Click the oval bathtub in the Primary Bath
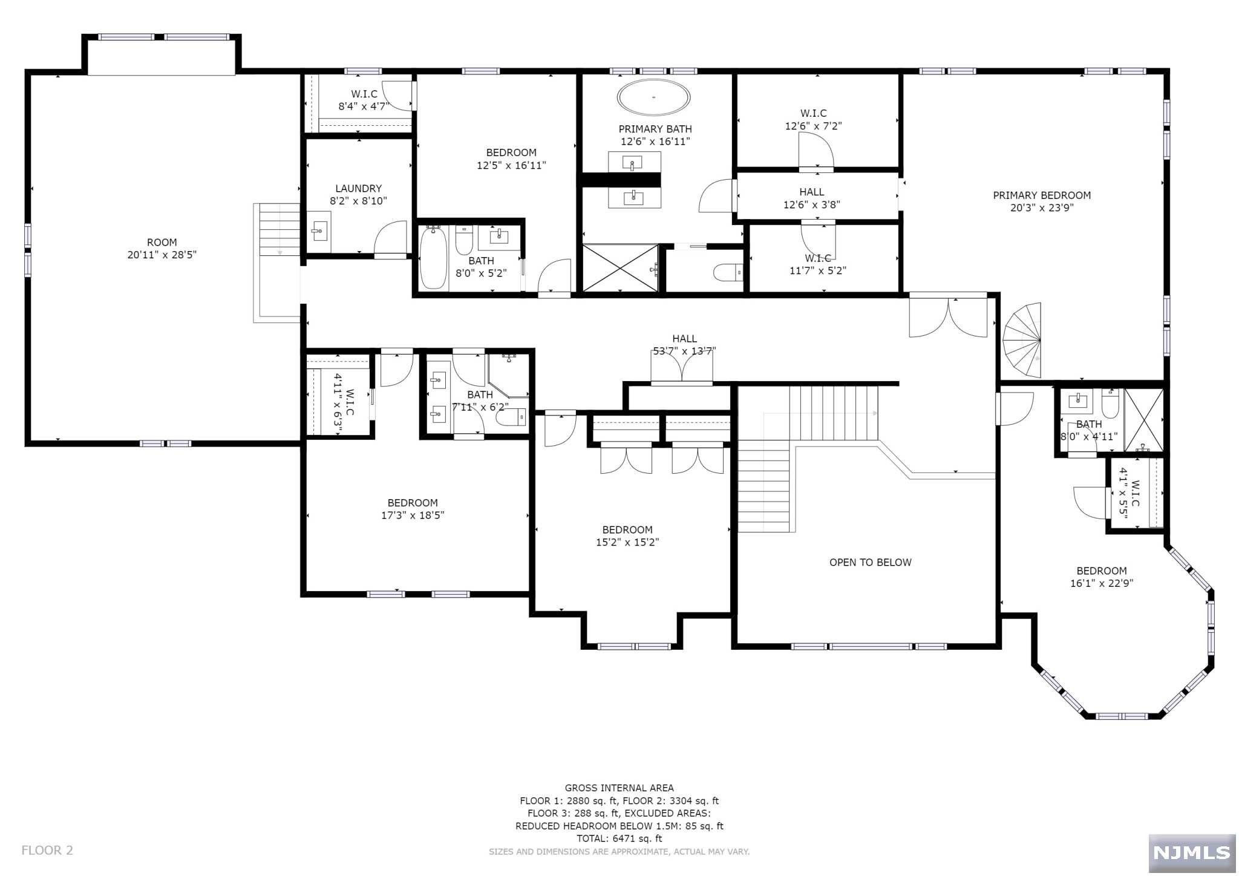(x=653, y=97)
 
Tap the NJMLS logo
(x=1192, y=852)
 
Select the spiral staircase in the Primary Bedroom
(x=1022, y=340)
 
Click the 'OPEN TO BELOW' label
(x=870, y=563)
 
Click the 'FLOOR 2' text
(x=47, y=851)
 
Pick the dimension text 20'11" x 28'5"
(x=162, y=255)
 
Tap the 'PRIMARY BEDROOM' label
(x=1042, y=195)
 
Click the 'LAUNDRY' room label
(x=358, y=189)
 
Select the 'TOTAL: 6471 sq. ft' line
(x=619, y=838)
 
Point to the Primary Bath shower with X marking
(x=620, y=268)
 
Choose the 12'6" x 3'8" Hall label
(x=811, y=198)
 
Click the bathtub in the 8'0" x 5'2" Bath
(x=433, y=258)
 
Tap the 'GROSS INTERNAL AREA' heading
(x=619, y=788)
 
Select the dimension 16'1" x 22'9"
(x=1101, y=583)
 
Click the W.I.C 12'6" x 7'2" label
(x=813, y=120)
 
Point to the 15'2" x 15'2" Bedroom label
(x=627, y=536)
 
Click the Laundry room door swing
(x=390, y=240)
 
